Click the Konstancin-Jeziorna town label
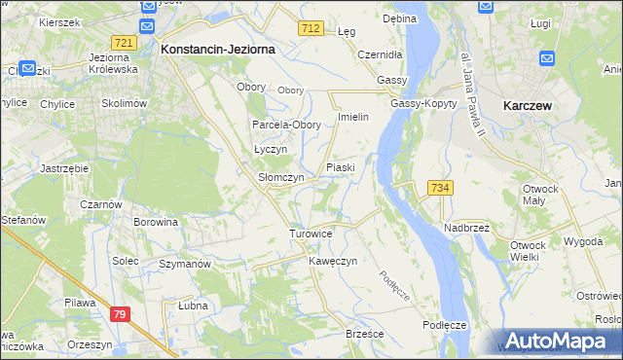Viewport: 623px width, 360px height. point(218,48)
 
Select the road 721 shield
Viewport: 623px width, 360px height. point(124,43)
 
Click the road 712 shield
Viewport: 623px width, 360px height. point(311,30)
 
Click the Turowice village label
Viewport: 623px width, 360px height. point(311,234)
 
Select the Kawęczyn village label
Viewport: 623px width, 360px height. point(334,262)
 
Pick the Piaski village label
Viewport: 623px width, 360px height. point(340,167)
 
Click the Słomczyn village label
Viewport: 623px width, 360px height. point(280,178)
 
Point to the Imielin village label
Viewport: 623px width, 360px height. point(352,117)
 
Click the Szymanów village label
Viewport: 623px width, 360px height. point(185,264)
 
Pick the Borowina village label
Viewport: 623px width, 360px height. point(157,222)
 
